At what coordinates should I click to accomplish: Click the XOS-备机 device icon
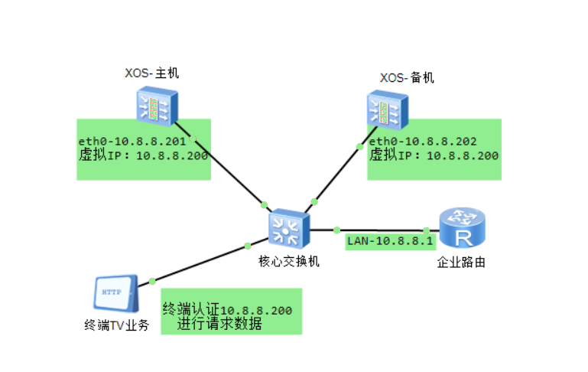(386, 108)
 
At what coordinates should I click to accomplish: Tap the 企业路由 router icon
(463, 229)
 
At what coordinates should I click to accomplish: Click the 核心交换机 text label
(288, 261)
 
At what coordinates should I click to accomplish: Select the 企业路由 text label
(461, 263)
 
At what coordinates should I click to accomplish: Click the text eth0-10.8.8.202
(423, 142)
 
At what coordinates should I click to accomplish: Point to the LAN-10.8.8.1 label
(390, 241)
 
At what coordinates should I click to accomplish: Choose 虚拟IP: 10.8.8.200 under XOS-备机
(434, 155)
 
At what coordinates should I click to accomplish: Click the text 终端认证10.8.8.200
(226, 310)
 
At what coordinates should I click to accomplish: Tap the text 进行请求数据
(219, 325)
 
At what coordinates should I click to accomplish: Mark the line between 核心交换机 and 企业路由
(382, 230)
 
